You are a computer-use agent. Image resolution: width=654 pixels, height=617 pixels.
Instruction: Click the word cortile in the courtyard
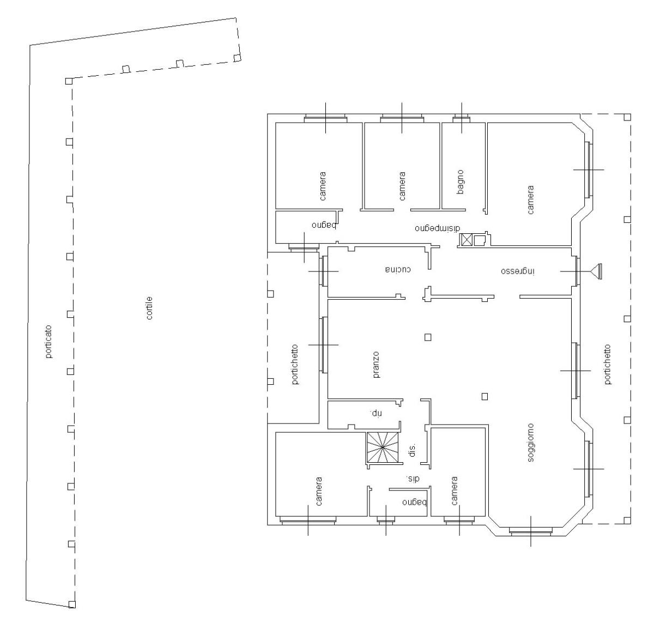[x=149, y=308]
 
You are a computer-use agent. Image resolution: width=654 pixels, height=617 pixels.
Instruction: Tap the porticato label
[x=49, y=342]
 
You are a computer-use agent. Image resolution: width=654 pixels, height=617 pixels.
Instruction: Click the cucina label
[x=398, y=269]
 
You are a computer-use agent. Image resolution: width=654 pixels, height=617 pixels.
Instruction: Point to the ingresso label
[x=518, y=271]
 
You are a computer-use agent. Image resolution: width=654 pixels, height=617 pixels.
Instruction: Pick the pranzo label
[x=377, y=365]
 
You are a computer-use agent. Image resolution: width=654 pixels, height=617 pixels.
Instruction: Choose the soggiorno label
[x=530, y=443]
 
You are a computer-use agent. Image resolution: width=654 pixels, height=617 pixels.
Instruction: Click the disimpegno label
[x=437, y=228]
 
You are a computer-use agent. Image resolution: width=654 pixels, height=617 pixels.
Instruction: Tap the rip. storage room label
[x=377, y=413]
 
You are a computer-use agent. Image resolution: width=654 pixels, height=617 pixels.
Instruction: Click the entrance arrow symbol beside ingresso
[x=596, y=271]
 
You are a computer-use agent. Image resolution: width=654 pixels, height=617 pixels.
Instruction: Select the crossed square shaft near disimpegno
[x=467, y=239]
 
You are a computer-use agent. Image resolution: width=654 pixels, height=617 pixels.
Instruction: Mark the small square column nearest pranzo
[x=428, y=337]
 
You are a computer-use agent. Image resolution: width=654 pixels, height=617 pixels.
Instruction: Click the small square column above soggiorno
[x=485, y=396]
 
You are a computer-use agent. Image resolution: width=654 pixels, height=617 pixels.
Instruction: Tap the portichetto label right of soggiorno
[x=608, y=364]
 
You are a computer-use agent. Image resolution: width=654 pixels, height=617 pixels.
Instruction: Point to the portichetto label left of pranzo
[x=295, y=364]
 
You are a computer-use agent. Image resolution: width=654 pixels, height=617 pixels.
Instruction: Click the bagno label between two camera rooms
[x=461, y=182]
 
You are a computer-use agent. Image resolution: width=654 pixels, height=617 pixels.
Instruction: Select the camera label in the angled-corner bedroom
[x=530, y=200]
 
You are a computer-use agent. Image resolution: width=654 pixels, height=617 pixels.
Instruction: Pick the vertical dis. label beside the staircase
[x=412, y=450]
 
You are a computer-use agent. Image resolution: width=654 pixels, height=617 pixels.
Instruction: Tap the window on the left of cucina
[x=323, y=271]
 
